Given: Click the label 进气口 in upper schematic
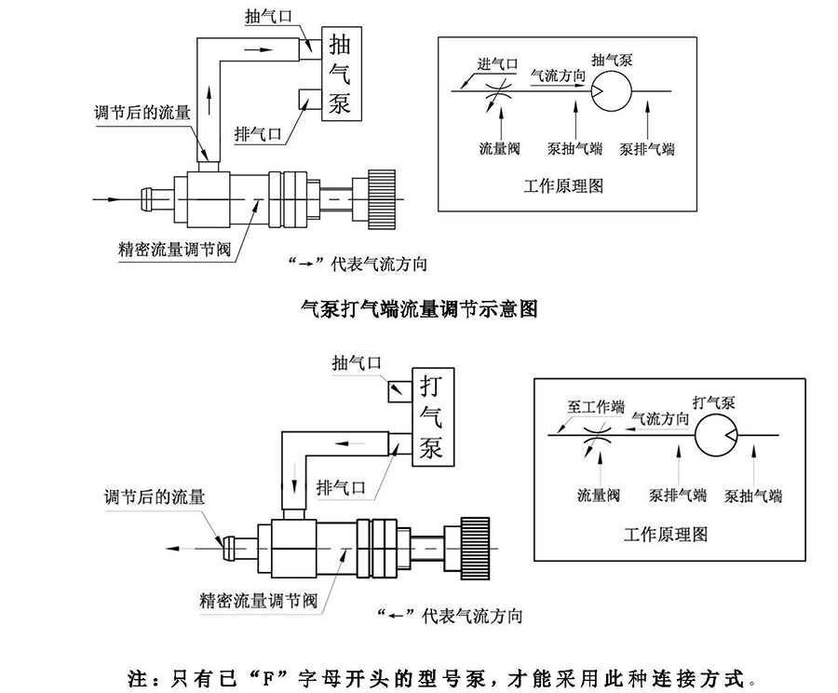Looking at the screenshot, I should click(x=498, y=64).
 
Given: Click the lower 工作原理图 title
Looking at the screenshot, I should click(x=666, y=534).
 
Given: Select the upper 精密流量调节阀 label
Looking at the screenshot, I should click(x=167, y=249).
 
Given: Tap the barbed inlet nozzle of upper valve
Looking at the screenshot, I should click(x=152, y=198).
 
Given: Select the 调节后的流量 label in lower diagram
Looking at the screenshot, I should click(x=155, y=496).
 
